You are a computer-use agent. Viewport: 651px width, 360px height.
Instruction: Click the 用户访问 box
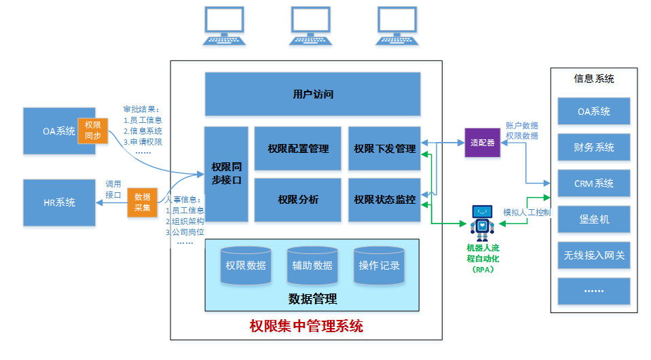click(312, 94)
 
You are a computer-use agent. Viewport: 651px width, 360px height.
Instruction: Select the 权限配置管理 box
click(297, 148)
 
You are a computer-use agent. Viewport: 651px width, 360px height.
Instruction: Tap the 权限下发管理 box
click(384, 148)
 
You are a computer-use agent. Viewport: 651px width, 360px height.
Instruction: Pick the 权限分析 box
click(297, 200)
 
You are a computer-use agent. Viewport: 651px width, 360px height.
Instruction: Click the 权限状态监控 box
click(384, 200)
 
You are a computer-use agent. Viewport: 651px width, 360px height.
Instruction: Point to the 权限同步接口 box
click(226, 174)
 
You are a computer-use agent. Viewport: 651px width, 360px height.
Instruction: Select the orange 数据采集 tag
click(142, 202)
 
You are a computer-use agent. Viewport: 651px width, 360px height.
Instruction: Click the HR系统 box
click(60, 202)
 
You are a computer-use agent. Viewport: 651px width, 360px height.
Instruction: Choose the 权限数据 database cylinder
click(246, 265)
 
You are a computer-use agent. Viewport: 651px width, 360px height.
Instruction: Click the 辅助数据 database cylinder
click(312, 265)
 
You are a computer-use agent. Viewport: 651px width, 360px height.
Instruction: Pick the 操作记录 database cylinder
click(379, 265)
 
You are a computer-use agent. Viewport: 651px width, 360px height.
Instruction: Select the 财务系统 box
click(594, 147)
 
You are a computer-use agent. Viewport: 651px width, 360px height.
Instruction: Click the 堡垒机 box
click(594, 219)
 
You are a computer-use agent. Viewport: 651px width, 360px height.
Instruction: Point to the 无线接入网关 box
click(594, 255)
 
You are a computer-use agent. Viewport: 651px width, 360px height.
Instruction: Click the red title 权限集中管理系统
click(306, 326)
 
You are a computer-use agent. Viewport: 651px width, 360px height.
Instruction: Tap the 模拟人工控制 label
click(526, 213)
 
